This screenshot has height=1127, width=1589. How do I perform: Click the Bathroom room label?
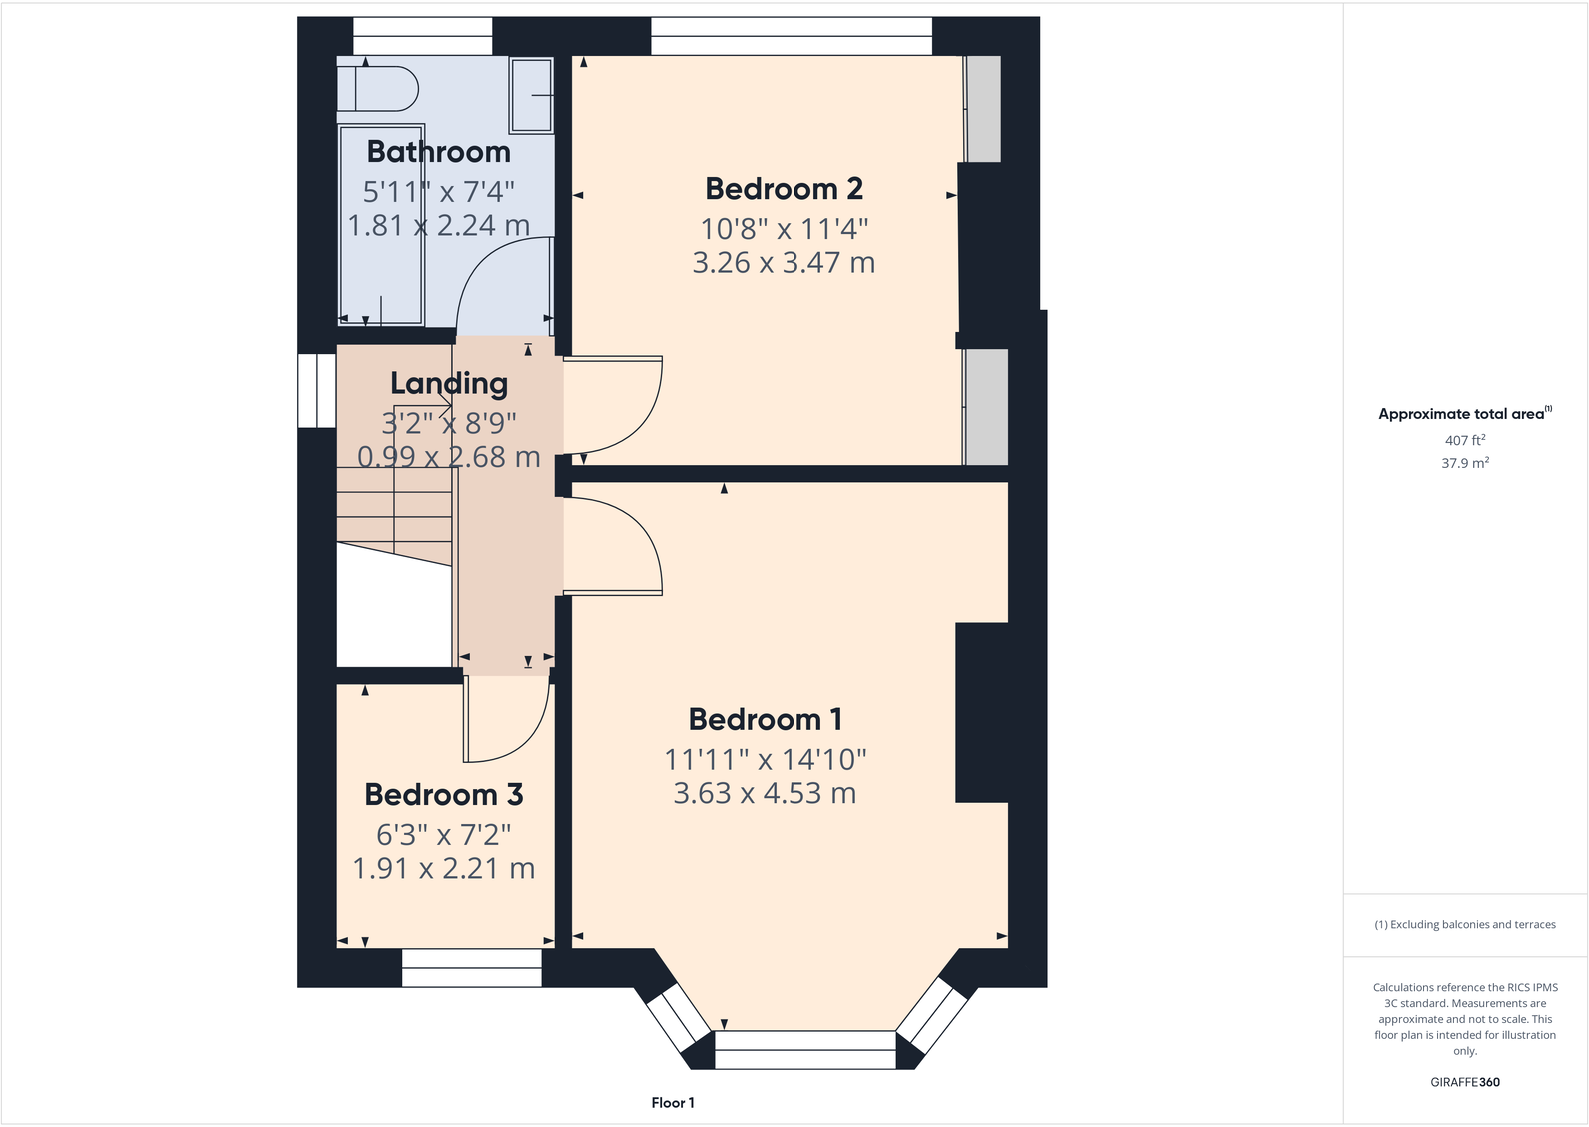point(438,152)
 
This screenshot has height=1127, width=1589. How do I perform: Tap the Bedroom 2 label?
point(784,189)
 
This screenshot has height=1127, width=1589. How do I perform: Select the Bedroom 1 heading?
point(766,720)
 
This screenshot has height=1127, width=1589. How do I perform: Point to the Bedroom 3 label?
point(444,795)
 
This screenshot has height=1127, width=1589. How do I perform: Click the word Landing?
point(449,384)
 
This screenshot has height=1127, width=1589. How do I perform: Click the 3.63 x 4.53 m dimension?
point(765,793)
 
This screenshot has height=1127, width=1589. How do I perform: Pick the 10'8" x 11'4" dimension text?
point(784,229)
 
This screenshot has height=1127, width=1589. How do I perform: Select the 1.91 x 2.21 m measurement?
point(444,869)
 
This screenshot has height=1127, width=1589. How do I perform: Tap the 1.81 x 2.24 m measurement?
point(439,225)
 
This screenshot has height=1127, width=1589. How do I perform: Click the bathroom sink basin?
point(531,95)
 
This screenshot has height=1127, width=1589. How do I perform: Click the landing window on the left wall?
point(317,390)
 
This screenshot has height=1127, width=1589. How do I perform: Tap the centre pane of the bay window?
point(805,1050)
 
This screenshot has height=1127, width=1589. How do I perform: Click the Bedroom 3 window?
point(472,968)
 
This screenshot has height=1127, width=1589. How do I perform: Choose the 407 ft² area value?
point(1465,440)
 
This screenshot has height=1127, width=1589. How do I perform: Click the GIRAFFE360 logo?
point(1465,1082)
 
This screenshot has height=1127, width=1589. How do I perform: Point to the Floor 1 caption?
point(673,1103)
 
